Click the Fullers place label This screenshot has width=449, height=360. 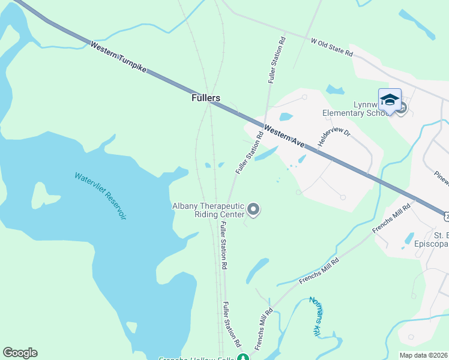coord(205,98)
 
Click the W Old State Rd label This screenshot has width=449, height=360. coord(331,47)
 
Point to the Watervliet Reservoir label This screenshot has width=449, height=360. coord(100,196)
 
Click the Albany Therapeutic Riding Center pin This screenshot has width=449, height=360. coord(253,209)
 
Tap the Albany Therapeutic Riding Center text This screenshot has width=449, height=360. coord(208,210)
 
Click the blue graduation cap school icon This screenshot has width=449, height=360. coord(390,100)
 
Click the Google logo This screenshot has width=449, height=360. coord(20,353)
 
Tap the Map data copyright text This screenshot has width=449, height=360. coord(424,355)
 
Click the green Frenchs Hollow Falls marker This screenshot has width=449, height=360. coord(243,358)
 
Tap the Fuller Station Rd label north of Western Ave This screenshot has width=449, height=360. coord(276,60)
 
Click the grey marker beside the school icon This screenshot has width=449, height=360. coord(402,109)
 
